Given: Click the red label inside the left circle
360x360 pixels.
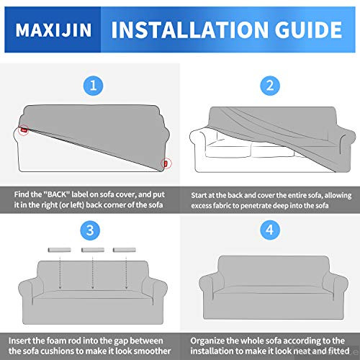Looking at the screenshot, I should [x=24, y=130].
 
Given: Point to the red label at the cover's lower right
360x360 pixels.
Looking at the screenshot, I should [x=165, y=163].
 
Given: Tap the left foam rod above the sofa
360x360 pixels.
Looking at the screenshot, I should [x=54, y=250].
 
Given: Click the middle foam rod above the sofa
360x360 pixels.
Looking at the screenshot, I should [x=89, y=250].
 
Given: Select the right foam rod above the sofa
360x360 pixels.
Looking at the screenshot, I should [x=123, y=250].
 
